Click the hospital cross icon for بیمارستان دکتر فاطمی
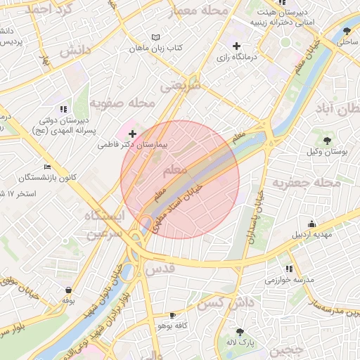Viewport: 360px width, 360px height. (x=132, y=133)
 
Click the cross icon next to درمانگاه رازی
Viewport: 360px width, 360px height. (x=237, y=46)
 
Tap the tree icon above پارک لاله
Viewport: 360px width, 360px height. (x=240, y=331)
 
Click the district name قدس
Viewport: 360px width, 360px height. (x=160, y=270)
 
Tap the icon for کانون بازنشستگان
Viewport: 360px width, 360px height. (x=47, y=167)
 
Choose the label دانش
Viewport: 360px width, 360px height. (x=75, y=51)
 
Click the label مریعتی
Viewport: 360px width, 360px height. (x=181, y=86)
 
